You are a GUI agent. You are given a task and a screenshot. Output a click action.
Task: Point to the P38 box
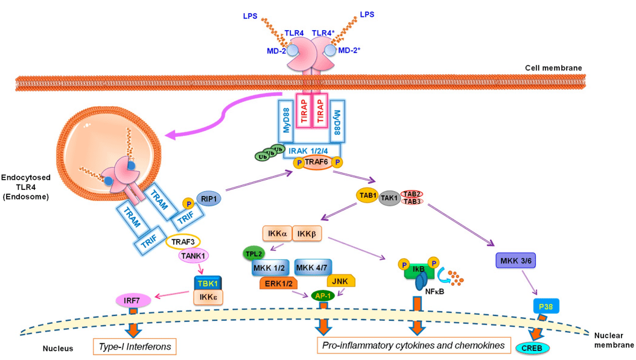pyautogui.click(x=546, y=306)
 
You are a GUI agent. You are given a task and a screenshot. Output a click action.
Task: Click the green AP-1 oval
pyautogui.click(x=323, y=295)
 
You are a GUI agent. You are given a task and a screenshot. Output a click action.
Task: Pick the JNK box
pyautogui.click(x=341, y=280)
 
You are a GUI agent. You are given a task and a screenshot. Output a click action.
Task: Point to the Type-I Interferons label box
pyautogui.click(x=130, y=346)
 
